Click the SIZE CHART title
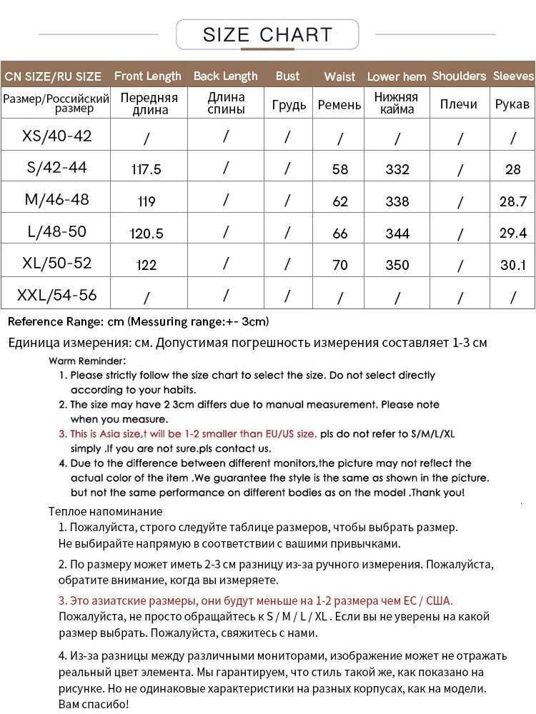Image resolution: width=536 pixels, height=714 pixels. click(267, 34)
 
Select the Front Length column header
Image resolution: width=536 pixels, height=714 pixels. click(147, 76)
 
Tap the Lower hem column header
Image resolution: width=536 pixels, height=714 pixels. click(397, 76)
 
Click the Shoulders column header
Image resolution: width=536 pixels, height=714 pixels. click(459, 76)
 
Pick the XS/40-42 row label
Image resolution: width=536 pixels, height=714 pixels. click(57, 136)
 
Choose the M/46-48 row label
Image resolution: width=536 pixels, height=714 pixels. click(57, 199)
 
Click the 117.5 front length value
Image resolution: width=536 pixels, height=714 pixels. click(147, 169)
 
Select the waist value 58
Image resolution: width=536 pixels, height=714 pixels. click(340, 169)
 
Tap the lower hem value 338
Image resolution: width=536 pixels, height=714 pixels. click(397, 201)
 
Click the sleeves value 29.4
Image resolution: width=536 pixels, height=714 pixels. click(512, 233)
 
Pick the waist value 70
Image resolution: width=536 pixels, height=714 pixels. click(340, 265)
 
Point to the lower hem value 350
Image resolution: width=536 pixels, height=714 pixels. click(397, 265)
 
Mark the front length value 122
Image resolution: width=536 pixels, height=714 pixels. click(147, 265)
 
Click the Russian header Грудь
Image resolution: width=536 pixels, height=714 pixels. click(289, 105)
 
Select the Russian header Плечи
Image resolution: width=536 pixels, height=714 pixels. click(458, 104)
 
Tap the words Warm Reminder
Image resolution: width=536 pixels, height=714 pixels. click(87, 361)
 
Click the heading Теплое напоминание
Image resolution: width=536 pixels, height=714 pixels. click(105, 511)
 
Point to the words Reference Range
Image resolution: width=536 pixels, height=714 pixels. click(56, 321)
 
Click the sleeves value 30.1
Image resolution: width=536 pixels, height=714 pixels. click(512, 265)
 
